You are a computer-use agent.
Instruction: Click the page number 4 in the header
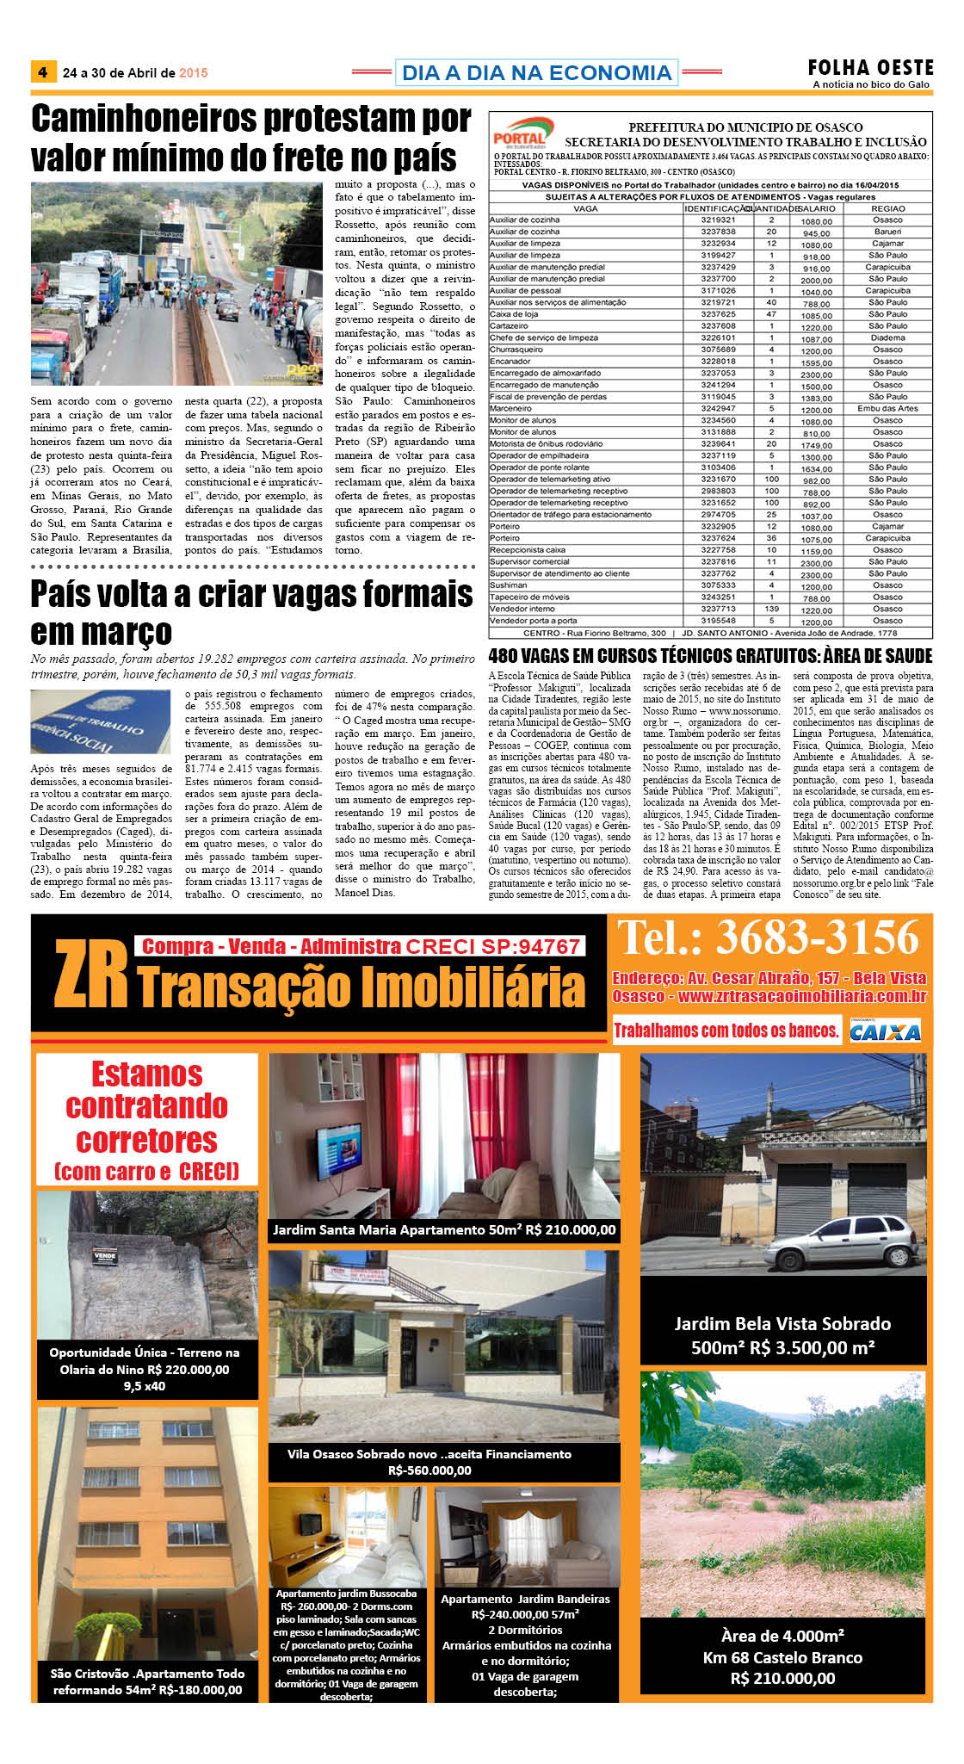click(x=43, y=72)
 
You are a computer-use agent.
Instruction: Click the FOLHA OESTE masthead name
click(x=870, y=67)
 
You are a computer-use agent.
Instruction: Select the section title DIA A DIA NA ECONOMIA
click(x=536, y=73)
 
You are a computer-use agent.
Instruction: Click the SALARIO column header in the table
click(x=816, y=208)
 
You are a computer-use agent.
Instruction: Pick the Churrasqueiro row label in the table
click(x=516, y=350)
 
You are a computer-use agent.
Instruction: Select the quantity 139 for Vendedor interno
click(x=771, y=609)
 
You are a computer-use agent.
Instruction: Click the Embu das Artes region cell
click(x=887, y=409)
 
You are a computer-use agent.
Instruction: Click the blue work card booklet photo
click(x=100, y=721)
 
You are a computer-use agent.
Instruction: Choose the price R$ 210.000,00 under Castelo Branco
click(x=782, y=1678)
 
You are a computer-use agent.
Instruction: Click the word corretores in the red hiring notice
click(x=146, y=1141)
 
